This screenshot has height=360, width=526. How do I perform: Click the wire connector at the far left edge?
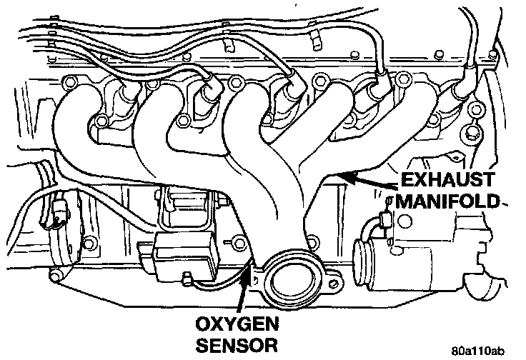(58, 211)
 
